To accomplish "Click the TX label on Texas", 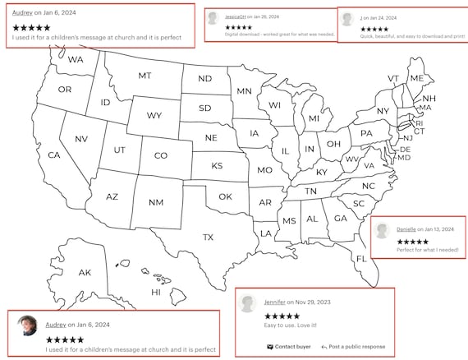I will [208, 238].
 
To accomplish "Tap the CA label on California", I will [54, 155].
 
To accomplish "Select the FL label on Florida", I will [361, 259].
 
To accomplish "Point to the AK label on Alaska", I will [85, 272].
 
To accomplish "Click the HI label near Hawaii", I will [155, 292].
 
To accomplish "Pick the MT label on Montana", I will [145, 76].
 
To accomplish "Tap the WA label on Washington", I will [76, 60].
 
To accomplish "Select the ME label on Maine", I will [417, 79].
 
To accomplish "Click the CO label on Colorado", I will [161, 155].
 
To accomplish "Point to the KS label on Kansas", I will [217, 166].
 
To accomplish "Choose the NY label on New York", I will [383, 111].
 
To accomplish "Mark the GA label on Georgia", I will [340, 219].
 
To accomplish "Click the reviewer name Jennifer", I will [275, 302].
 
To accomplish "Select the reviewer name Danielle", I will [407, 228].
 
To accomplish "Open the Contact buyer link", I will [289, 347].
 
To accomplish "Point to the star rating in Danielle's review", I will [412, 242].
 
